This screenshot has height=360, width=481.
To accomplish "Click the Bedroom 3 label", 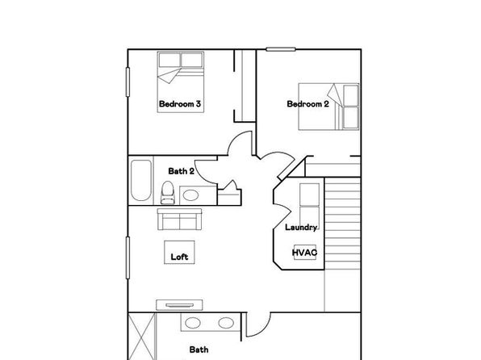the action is click(x=180, y=104).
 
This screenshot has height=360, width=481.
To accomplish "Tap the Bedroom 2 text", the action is click(x=307, y=104).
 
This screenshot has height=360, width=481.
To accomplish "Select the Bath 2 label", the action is click(x=181, y=171).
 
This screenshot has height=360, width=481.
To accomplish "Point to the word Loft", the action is click(x=179, y=257).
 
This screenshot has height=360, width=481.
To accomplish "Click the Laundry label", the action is click(x=301, y=227).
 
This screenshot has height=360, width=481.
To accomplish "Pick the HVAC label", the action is click(x=304, y=253).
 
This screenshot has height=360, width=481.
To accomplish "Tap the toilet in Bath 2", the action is click(x=168, y=192).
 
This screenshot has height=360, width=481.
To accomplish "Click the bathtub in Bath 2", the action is click(x=141, y=181).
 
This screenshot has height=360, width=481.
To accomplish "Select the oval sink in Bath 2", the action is click(x=190, y=195).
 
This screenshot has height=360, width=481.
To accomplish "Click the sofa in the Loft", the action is click(x=179, y=219).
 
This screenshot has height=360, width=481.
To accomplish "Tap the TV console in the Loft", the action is click(x=179, y=305).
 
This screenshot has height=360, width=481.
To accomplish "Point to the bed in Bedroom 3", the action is click(x=181, y=82).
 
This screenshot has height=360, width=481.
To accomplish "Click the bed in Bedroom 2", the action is click(x=328, y=107).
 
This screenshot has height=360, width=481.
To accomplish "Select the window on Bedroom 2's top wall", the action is click(x=281, y=49).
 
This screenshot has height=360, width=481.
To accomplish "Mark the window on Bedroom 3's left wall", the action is click(x=128, y=82).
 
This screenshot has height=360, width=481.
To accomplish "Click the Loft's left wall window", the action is click(x=128, y=257).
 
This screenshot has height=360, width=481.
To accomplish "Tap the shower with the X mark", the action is click(x=141, y=337).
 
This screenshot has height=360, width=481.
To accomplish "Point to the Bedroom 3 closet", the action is click(x=245, y=86).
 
